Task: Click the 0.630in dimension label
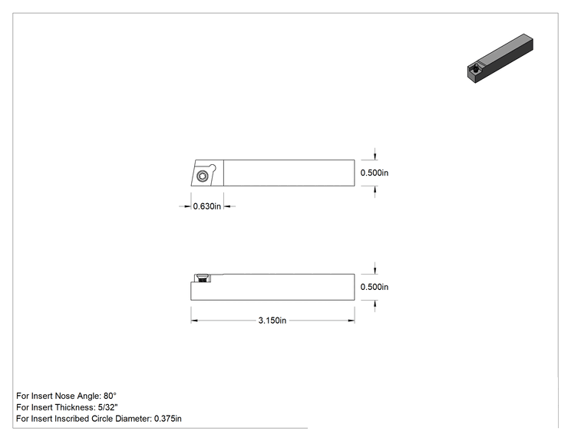207,206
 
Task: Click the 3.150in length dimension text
272,321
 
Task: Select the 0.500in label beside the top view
375,173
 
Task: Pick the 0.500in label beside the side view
375,287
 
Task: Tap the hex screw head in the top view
203,176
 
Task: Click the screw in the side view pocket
203,278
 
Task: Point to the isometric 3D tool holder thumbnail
500,58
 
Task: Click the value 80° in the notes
110,396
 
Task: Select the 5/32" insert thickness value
107,407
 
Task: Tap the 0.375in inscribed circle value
168,419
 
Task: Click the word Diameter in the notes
134,419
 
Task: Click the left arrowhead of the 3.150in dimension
194,321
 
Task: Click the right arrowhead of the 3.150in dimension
352,321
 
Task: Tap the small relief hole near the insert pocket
213,168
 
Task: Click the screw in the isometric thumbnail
476,67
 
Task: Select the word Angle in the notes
87,396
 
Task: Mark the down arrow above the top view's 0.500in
375,156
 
